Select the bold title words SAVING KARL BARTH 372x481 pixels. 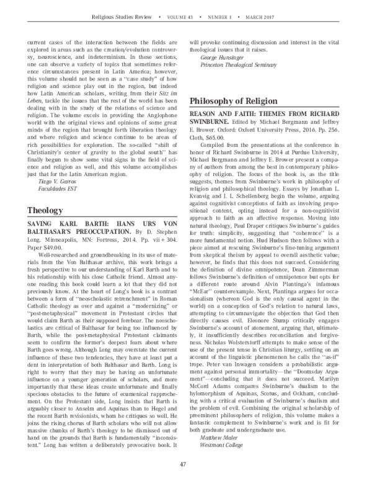[62, 225]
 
